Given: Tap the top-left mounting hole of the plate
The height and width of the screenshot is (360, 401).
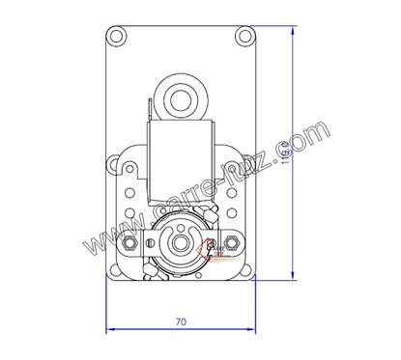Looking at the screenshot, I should coord(118,37).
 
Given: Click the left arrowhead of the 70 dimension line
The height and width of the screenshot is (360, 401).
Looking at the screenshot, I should coord(107,328).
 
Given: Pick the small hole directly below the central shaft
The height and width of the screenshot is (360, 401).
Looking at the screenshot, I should coord(181,274).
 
